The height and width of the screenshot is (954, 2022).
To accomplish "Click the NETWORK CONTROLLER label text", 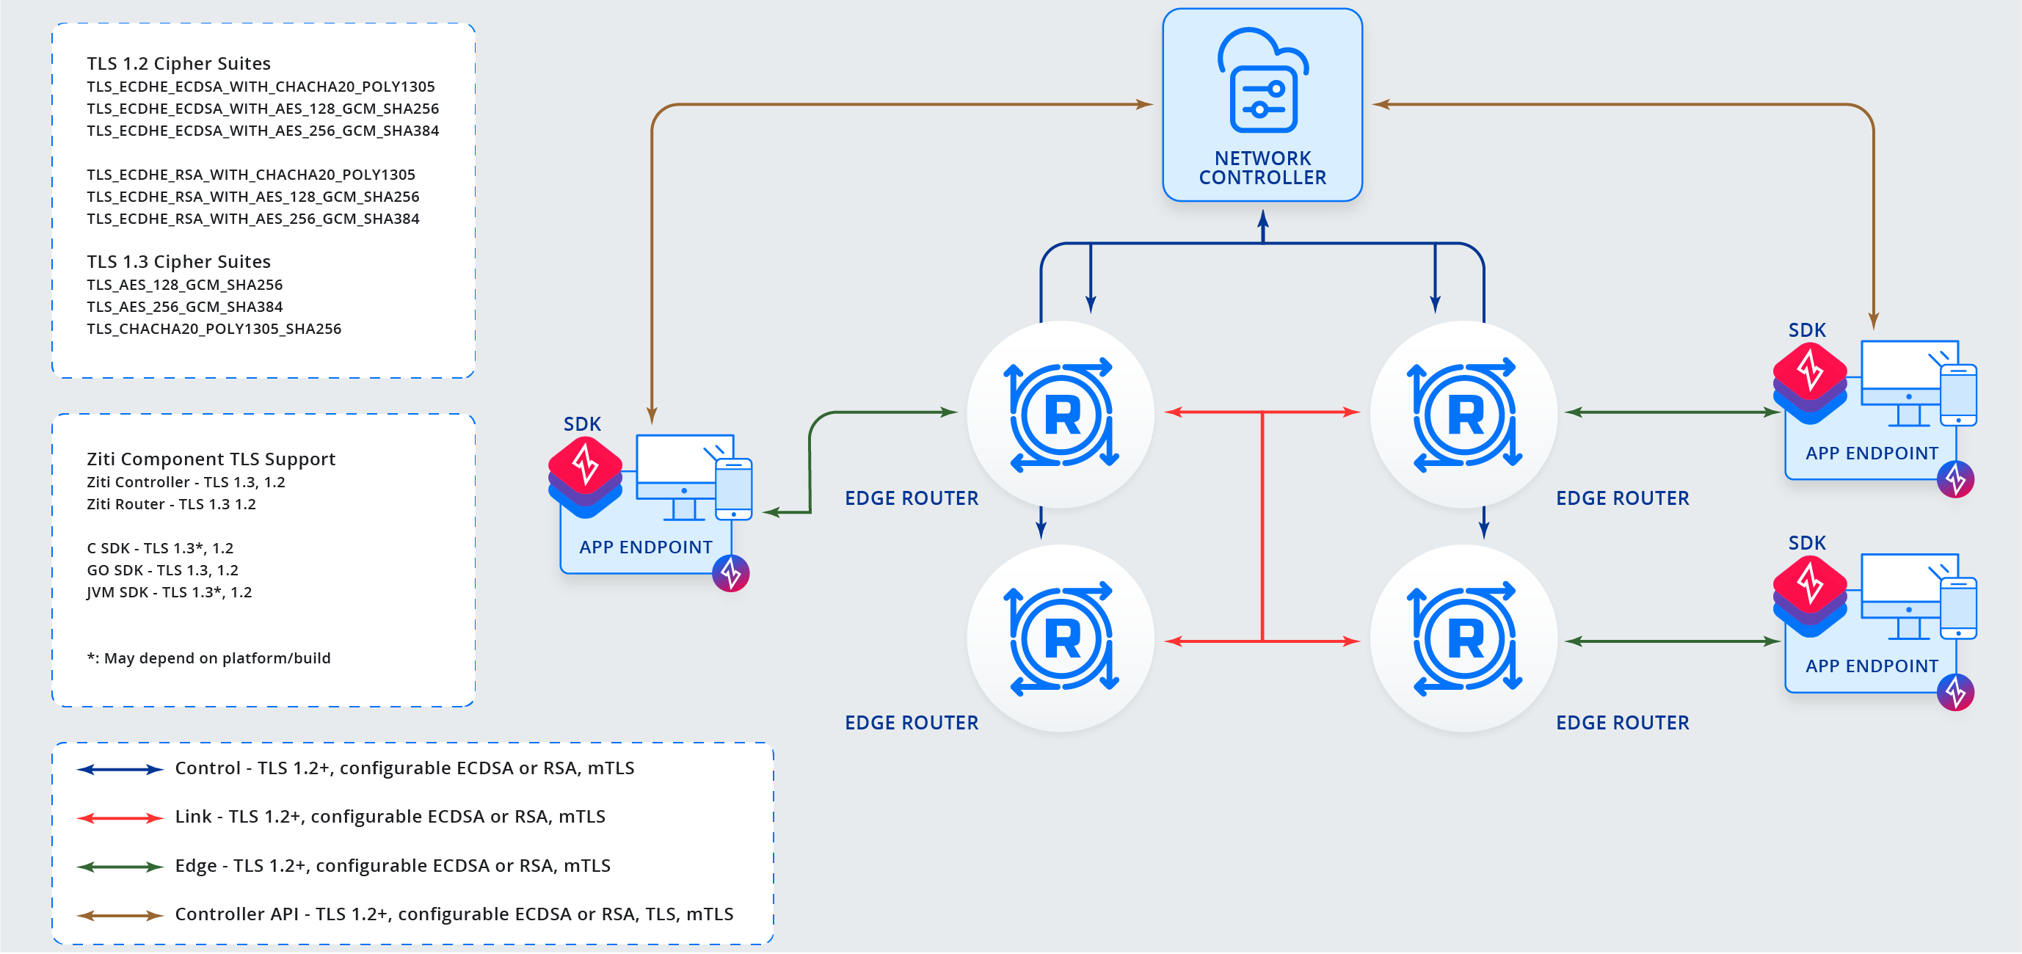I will [x=1262, y=168].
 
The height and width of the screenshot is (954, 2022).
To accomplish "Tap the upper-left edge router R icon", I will [x=1061, y=414].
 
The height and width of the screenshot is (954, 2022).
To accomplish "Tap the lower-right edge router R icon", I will [x=1465, y=638].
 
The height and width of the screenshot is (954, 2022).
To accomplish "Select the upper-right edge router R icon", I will [x=1465, y=414].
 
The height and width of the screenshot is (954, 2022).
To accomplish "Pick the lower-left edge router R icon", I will [x=1061, y=638].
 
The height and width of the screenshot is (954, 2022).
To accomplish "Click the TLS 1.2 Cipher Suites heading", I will [x=179, y=64].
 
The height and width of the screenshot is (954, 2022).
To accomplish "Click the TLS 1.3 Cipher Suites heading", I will [x=179, y=261].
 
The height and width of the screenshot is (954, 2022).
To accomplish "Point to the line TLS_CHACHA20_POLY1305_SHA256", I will [x=214, y=329].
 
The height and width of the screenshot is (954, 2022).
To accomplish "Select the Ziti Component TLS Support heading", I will [x=211, y=459].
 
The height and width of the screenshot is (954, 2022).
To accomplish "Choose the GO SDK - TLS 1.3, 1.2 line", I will [x=162, y=570].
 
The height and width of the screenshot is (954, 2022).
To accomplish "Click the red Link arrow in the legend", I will [x=120, y=818].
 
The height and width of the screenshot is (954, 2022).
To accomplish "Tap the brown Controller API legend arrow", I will [x=120, y=916].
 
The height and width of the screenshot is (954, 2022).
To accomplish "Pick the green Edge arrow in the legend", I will [x=120, y=867].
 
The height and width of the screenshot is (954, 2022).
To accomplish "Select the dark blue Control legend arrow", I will [x=120, y=770].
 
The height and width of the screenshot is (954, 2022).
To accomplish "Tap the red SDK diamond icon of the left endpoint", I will [x=585, y=465].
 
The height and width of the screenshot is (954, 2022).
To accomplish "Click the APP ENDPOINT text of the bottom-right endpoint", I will [x=1872, y=666].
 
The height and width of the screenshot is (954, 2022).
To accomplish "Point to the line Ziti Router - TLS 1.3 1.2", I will [x=171, y=504].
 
